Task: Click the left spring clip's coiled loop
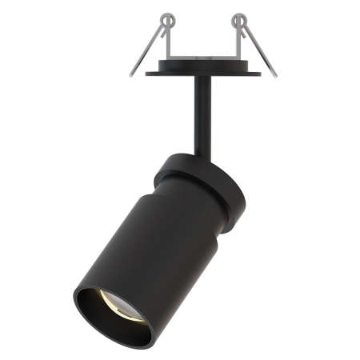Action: point(166,17)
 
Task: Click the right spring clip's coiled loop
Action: point(237,17)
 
